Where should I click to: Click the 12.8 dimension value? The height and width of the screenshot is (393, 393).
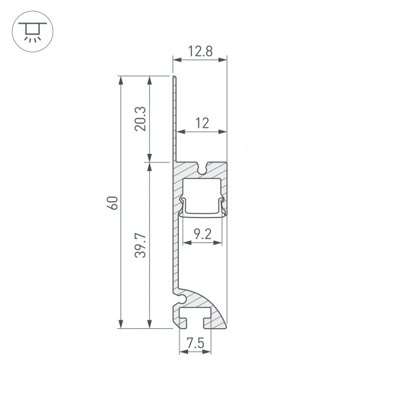click(200, 51)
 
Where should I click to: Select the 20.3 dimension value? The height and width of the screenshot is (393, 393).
click(140, 119)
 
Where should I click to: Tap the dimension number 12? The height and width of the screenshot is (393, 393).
click(202, 123)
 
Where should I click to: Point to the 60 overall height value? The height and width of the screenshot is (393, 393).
click(113, 203)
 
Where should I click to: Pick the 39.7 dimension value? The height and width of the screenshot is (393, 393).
click(140, 246)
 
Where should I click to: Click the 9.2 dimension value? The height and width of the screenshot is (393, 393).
click(203, 234)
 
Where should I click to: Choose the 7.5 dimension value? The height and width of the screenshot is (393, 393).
click(196, 343)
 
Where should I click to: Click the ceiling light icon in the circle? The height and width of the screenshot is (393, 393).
click(33, 31)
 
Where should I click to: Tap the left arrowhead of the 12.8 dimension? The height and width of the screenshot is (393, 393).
click(178, 60)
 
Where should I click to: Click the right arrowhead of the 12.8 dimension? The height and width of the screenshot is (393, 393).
click(223, 60)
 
